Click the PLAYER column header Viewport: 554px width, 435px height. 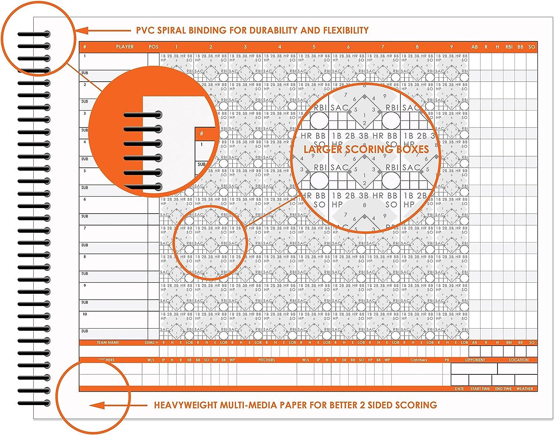pyautogui.click(x=125, y=47)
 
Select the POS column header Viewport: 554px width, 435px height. pyautogui.click(x=154, y=47)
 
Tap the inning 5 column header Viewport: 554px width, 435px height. pyautogui.click(x=314, y=47)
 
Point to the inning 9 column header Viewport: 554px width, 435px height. pyautogui.click(x=451, y=47)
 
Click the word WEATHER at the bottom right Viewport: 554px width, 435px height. pyautogui.click(x=525, y=389)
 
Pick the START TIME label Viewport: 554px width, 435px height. pyautogui.click(x=480, y=389)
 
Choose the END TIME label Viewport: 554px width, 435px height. pyautogui.click(x=503, y=389)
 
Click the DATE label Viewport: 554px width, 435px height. pyautogui.click(x=459, y=389)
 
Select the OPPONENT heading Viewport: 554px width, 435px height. pyautogui.click(x=475, y=360)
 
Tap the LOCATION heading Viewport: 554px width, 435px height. pyautogui.click(x=519, y=360)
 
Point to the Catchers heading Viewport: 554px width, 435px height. pyautogui.click(x=418, y=360)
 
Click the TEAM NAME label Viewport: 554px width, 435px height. pyautogui.click(x=108, y=343)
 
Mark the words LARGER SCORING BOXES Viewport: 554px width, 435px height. pyautogui.click(x=366, y=149)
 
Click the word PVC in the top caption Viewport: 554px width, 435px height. pyautogui.click(x=144, y=30)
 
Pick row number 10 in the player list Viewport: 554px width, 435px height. pyautogui.click(x=85, y=315)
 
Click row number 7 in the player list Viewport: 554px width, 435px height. pyautogui.click(x=85, y=228)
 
